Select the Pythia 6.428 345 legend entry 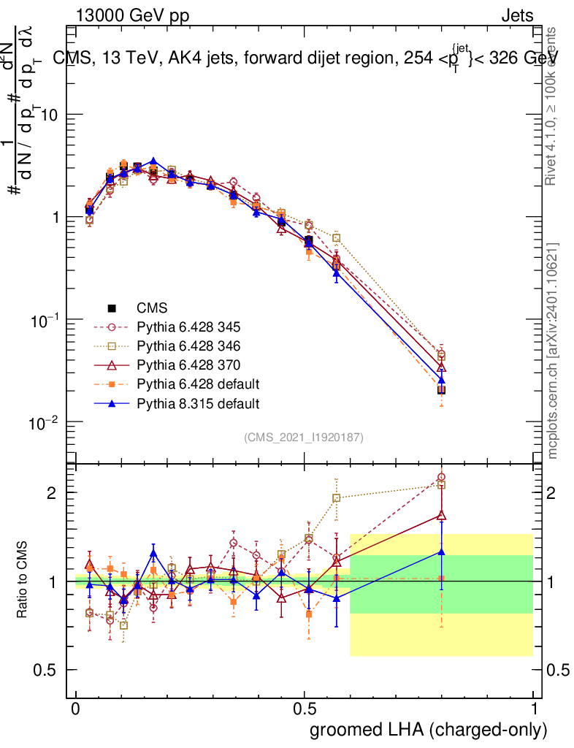[186, 327]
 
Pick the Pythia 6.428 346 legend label [186, 346]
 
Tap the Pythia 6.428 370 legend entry [186, 365]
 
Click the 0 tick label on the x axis [76, 709]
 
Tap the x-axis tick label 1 [533, 709]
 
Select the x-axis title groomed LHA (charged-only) [429, 729]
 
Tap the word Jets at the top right [517, 15]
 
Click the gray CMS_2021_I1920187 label [304, 437]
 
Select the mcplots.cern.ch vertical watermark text [554, 351]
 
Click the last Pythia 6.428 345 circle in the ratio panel [441, 478]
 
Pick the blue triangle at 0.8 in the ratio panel [441, 552]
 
